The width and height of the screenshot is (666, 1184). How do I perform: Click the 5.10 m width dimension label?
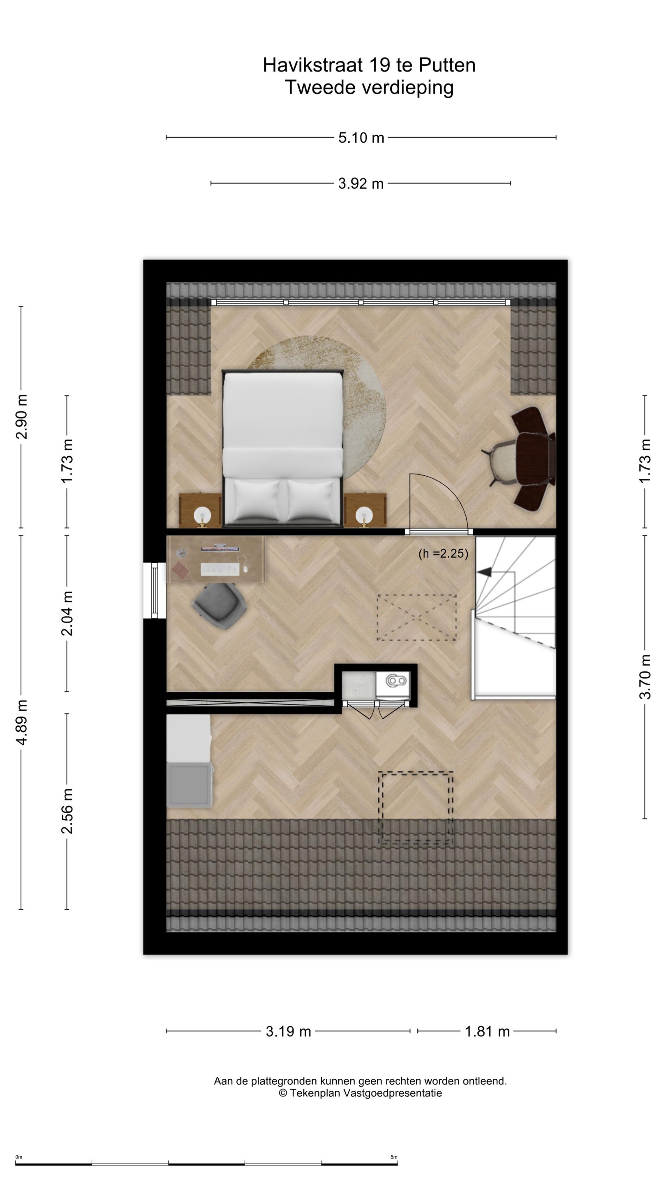pos(361,137)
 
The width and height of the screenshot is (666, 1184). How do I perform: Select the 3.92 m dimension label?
pos(361,183)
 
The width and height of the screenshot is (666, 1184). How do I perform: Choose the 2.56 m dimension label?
pos(67,811)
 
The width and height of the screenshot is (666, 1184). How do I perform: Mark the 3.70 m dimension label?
pos(645,677)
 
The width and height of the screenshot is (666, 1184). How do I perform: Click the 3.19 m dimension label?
pos(288,1031)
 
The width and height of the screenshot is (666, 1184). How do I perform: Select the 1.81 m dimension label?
pos(487,1031)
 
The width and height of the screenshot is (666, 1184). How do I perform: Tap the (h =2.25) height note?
pos(443,553)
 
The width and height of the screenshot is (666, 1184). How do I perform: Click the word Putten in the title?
pos(447,65)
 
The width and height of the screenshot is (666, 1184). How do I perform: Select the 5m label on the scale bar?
pos(394,1157)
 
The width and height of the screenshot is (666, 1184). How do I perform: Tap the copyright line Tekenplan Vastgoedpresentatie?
pos(361,1093)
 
